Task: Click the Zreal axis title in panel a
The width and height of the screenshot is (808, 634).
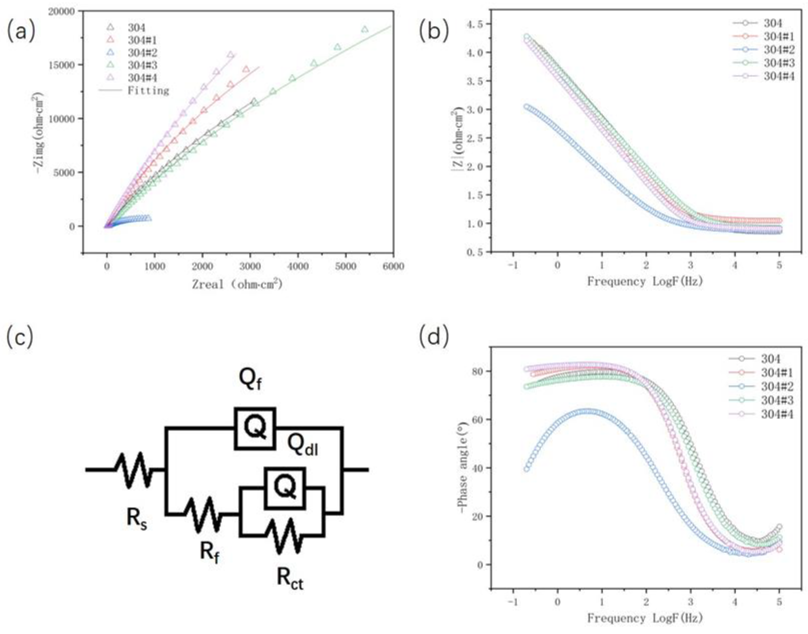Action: (237, 284)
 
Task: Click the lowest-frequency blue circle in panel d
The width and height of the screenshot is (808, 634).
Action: (526, 469)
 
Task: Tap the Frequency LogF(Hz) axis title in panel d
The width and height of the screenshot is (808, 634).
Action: (645, 618)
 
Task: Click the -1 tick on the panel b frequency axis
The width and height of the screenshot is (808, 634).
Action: (513, 266)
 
